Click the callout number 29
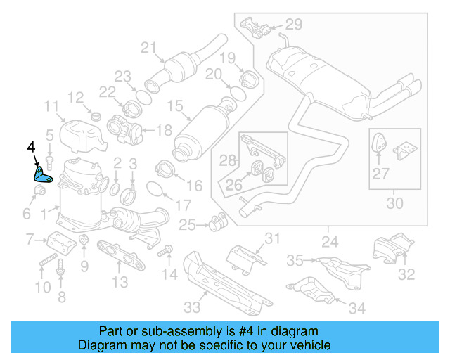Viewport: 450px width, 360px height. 292,25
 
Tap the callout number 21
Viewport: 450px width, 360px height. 148,48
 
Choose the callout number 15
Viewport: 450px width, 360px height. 174,107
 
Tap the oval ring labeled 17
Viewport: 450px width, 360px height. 155,188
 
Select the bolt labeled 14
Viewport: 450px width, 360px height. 167,250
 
